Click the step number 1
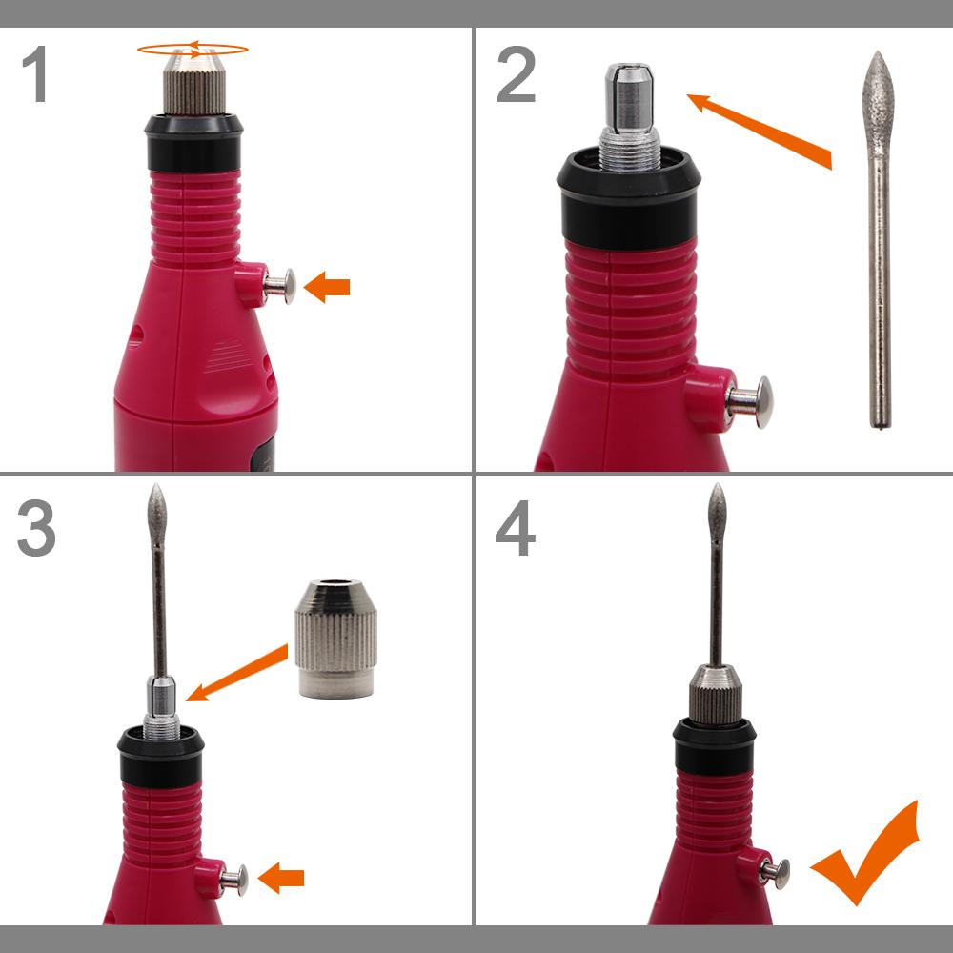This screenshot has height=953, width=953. point(34,73)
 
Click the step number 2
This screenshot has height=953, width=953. point(516,74)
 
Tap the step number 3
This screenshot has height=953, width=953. point(36,528)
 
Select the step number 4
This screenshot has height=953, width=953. point(516,528)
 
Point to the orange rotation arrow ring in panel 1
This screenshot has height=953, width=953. point(193,44)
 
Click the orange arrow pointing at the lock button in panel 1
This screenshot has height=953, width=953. point(326,287)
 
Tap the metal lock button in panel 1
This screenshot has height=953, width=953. point(280,286)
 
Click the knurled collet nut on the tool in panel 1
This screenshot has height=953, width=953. point(193,82)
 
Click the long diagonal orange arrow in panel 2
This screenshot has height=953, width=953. point(760,131)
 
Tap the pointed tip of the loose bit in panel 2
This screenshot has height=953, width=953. point(877,52)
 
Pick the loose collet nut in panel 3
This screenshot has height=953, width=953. point(336,639)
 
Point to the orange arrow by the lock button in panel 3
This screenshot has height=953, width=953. point(281,878)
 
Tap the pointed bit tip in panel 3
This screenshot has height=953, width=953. point(157,485)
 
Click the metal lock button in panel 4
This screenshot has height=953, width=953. point(776,873)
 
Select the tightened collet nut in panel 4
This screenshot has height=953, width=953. point(716,695)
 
